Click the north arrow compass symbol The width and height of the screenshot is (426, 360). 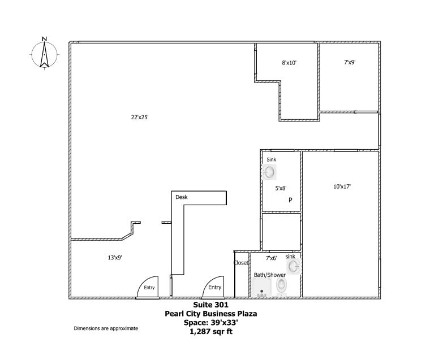tap(44, 54)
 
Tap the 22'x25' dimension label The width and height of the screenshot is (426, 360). tap(140, 118)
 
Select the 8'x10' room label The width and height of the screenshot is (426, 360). tap(289, 63)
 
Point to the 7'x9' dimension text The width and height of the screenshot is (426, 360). tap(350, 63)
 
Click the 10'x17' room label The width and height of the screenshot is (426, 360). tap(342, 186)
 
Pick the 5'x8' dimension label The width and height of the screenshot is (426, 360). tap(281, 188)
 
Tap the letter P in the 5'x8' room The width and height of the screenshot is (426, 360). tap(290, 200)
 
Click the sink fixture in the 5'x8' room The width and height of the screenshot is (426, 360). tap(270, 172)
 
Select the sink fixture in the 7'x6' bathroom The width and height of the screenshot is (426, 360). tap(292, 266)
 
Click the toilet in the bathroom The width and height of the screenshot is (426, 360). tap(282, 287)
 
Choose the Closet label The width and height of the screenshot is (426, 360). tap(241, 263)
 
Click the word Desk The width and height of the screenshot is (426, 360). tap(181, 197)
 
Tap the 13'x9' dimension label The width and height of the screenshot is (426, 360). tap(115, 257)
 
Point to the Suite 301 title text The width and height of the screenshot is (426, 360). tap(212, 304)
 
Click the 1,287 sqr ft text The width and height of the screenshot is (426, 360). tap(212, 332)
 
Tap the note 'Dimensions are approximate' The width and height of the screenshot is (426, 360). tap(106, 328)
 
